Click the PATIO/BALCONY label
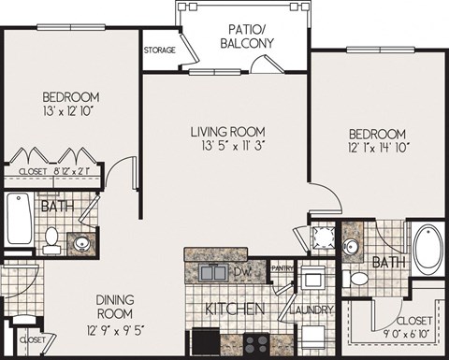click(247, 35)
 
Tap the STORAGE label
click(159, 50)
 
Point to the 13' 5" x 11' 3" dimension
click(230, 145)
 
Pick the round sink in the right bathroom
click(352, 247)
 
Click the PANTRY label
click(283, 267)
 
